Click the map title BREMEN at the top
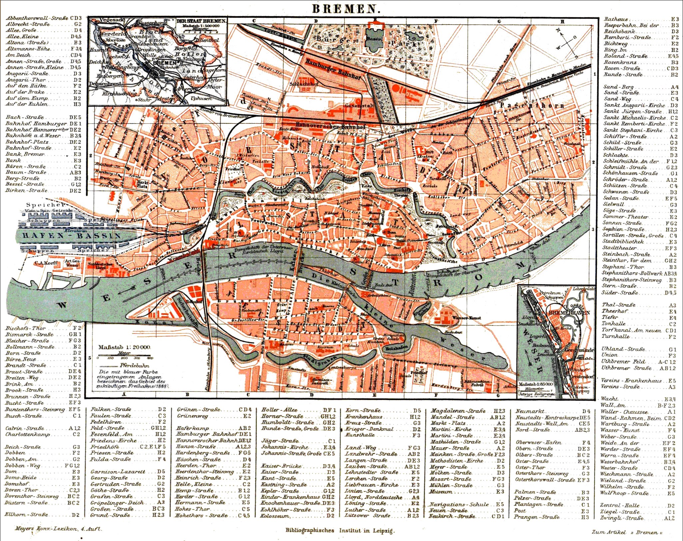[x=346, y=9]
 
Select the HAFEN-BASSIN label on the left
[x=71, y=236]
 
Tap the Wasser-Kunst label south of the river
[x=466, y=318]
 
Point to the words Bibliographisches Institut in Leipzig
[x=340, y=530]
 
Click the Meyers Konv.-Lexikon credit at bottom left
[x=58, y=529]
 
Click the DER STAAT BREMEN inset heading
[x=201, y=21]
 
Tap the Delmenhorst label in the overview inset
[x=105, y=84]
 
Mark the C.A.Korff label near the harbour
[x=46, y=263]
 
